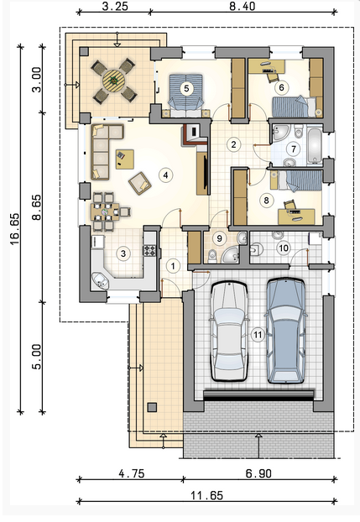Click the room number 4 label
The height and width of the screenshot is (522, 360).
point(166,175)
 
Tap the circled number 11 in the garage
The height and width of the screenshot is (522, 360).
point(258,335)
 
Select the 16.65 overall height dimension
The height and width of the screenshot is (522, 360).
point(15,229)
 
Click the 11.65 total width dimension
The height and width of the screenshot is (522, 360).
point(206,496)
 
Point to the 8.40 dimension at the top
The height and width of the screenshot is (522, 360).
point(242,6)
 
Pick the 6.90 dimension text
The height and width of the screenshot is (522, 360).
point(258,473)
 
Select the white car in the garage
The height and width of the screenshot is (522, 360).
point(229,331)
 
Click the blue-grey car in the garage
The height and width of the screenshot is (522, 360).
point(286,331)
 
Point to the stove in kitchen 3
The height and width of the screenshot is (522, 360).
point(149,250)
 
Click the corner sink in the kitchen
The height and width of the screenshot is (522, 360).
point(100,280)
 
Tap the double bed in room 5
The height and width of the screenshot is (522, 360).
point(186,95)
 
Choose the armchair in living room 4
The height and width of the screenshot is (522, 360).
point(140,182)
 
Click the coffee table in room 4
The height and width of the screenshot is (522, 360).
point(124,159)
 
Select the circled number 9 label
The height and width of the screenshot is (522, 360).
point(219,238)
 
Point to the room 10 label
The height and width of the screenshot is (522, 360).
point(284,248)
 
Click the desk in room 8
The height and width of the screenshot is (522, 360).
point(296,217)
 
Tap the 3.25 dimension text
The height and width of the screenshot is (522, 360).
point(115,6)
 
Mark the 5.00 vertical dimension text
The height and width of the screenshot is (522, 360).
point(37,356)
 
